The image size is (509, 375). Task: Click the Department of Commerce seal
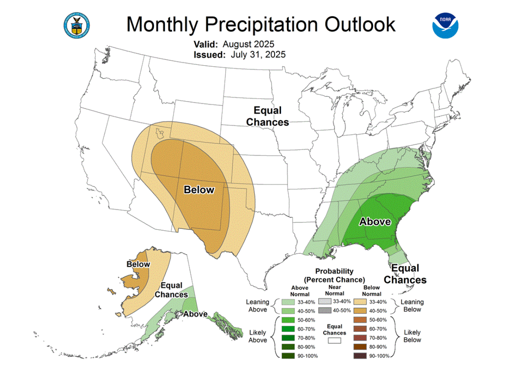[77, 25]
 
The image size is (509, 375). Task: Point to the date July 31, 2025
[258, 55]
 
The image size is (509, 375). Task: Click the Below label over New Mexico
[198, 189]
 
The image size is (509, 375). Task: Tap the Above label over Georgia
[375, 221]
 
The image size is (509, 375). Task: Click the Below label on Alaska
[138, 264]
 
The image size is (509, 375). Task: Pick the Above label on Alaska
[195, 314]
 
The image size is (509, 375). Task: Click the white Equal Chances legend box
[334, 341]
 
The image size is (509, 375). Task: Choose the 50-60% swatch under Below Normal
[359, 319]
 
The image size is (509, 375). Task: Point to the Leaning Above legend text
[257, 306]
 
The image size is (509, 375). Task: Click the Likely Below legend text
[412, 336]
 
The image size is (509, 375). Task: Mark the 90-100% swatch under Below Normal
[359, 355]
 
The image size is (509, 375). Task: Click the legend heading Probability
[334, 271]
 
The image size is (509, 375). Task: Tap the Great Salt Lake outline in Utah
[160, 134]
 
